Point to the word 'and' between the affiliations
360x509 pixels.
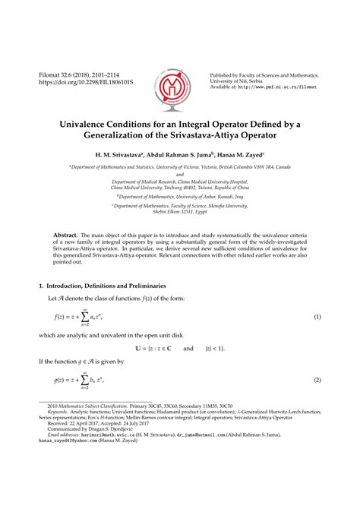[x=179, y=173]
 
